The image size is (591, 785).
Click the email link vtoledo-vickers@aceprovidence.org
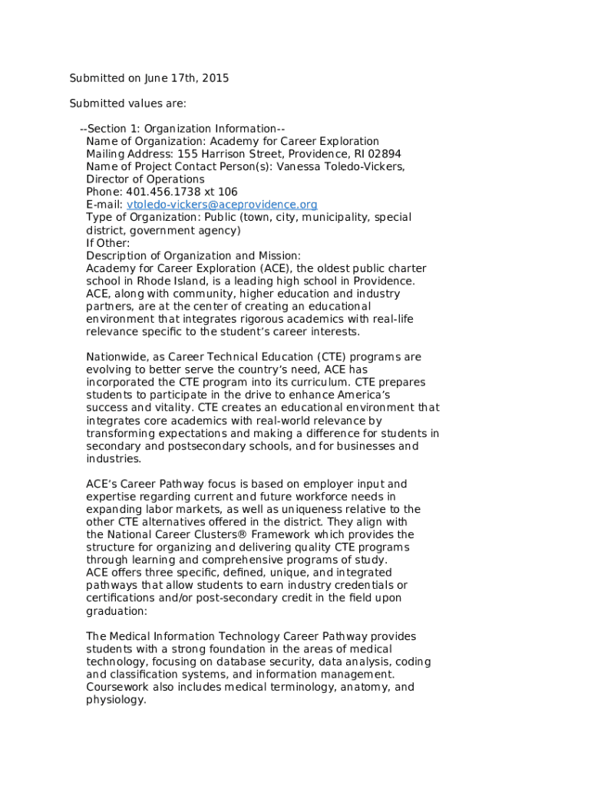pyautogui.click(x=222, y=205)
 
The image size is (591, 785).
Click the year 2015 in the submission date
pyautogui.click(x=214, y=78)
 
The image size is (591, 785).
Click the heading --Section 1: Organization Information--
pyautogui.click(x=182, y=129)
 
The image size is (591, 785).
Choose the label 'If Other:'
pyautogui.click(x=108, y=243)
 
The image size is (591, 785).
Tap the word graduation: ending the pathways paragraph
pyautogui.click(x=116, y=611)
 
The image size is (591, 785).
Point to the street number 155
pyautogui.click(x=180, y=154)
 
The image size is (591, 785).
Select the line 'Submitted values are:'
pyautogui.click(x=127, y=103)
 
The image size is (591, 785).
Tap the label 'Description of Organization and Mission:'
pyautogui.click(x=193, y=255)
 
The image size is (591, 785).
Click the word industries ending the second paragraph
pyautogui.click(x=114, y=459)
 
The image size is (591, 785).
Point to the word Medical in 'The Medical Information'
pyautogui.click(x=129, y=636)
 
